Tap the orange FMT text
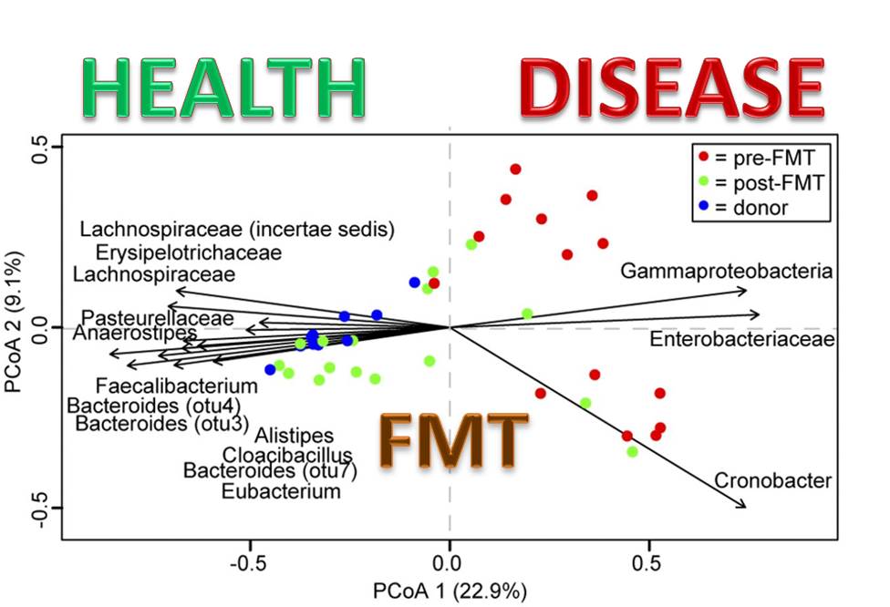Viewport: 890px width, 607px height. [454, 439]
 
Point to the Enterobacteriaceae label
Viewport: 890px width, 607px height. [742, 340]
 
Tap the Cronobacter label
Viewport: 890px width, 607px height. [772, 480]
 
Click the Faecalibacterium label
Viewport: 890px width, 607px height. [177, 386]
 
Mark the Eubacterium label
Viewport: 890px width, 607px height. [281, 492]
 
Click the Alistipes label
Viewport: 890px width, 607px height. [295, 436]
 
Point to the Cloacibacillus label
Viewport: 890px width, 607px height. [287, 455]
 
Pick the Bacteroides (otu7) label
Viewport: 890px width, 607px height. [270, 472]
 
